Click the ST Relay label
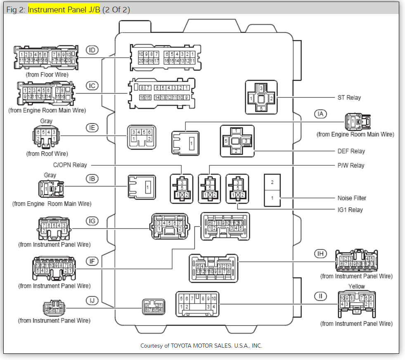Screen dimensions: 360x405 click(349, 98)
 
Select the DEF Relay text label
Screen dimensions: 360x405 click(351, 151)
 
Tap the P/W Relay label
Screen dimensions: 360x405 click(351, 165)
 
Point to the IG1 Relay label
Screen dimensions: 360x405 click(350, 209)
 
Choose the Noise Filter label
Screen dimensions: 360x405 click(352, 198)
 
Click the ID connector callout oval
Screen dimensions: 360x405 click(92, 50)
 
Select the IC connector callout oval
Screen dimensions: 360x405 click(92, 86)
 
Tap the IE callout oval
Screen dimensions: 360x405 click(92, 128)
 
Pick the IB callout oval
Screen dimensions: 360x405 click(92, 179)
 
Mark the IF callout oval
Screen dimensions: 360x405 click(92, 261)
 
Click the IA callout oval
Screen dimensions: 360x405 click(320, 113)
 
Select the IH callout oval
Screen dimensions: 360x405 click(320, 253)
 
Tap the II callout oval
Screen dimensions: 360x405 click(320, 296)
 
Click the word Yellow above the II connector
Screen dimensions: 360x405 click(356, 286)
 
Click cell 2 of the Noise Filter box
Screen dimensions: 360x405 click(272, 182)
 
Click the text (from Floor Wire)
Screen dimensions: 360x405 click(47, 75)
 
